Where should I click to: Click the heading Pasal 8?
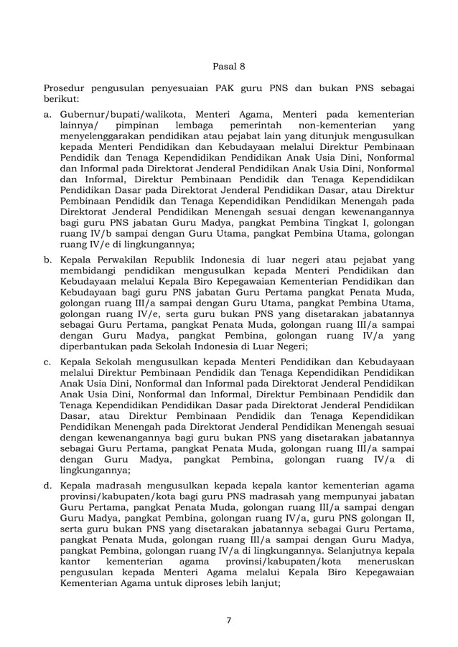[x=229, y=67]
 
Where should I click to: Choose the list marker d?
[x=47, y=486]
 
